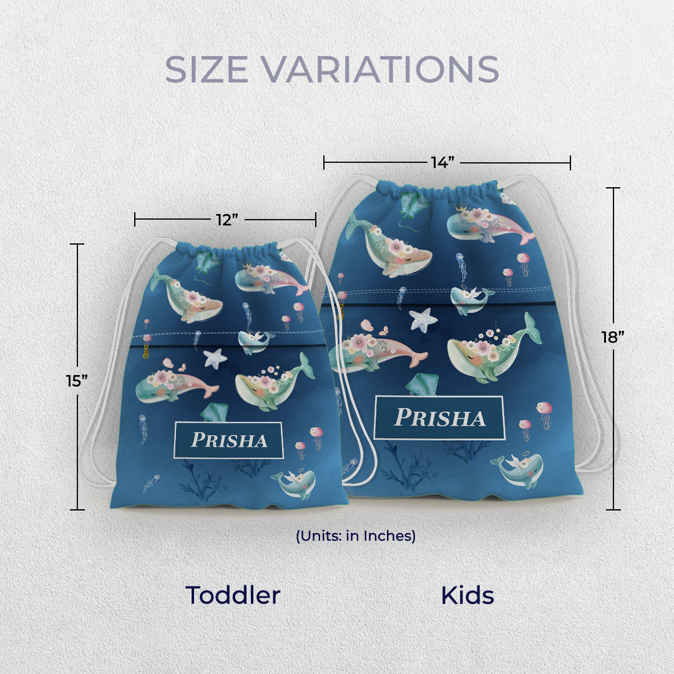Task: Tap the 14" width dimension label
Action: [x=442, y=163]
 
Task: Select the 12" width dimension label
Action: [x=227, y=220]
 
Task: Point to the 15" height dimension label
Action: [x=76, y=380]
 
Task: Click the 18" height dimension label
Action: [x=613, y=337]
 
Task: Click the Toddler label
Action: [x=233, y=595]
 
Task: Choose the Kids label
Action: [x=467, y=595]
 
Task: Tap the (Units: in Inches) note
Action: [x=356, y=535]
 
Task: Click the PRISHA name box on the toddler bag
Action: [x=228, y=440]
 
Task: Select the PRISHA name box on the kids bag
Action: [x=439, y=418]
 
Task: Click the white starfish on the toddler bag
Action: [x=215, y=358]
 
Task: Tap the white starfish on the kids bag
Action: [x=423, y=320]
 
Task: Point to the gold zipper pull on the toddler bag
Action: [x=146, y=348]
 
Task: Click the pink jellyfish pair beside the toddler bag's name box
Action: [x=310, y=439]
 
